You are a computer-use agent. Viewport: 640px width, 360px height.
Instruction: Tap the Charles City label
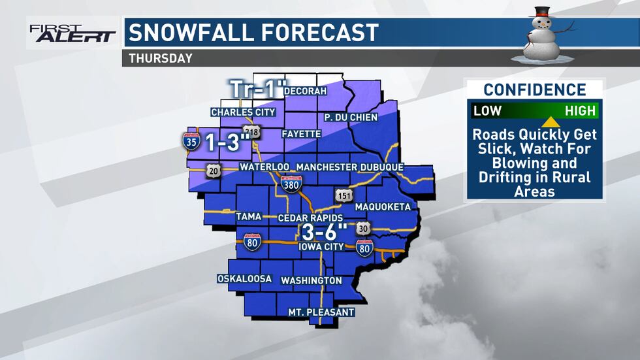click(243, 112)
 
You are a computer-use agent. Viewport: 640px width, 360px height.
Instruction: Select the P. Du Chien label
click(351, 118)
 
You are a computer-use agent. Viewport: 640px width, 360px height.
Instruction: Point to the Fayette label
click(301, 134)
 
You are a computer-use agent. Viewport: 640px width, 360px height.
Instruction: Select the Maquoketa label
click(383, 207)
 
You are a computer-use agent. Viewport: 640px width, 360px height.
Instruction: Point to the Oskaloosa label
click(244, 279)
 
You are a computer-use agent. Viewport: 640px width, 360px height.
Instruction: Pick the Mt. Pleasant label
click(321, 312)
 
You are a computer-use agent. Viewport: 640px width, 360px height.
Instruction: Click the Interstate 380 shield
click(291, 184)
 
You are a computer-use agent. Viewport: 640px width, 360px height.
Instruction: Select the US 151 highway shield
click(344, 196)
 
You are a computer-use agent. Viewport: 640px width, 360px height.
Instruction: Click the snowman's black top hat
click(541, 12)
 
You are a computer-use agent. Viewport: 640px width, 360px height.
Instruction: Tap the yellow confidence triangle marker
click(551, 121)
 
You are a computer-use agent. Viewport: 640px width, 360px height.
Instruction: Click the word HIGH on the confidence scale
click(580, 110)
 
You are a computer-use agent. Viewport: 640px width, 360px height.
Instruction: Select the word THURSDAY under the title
click(161, 58)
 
